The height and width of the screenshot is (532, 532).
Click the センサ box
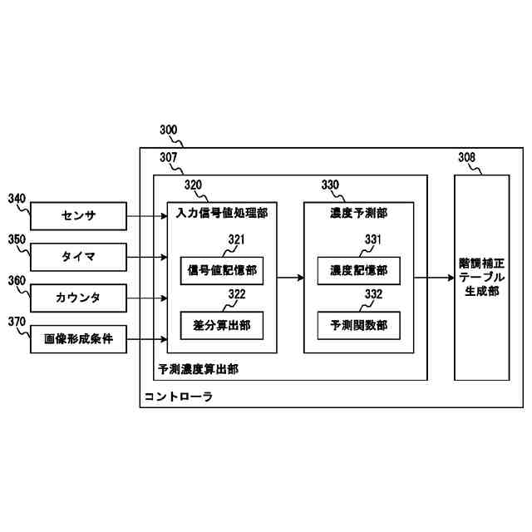(x=79, y=216)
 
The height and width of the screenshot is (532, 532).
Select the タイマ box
(x=79, y=257)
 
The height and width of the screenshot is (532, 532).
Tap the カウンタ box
(x=79, y=298)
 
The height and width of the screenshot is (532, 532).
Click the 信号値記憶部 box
(x=221, y=269)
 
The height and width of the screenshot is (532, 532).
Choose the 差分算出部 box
(x=221, y=324)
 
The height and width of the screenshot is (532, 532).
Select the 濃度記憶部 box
(x=357, y=269)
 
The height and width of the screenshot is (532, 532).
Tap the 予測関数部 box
(x=357, y=324)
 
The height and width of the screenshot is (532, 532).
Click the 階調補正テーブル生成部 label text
(x=482, y=277)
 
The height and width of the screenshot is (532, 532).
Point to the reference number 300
(x=168, y=131)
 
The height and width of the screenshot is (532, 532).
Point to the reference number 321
(x=237, y=239)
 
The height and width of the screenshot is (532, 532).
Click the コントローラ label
(x=179, y=397)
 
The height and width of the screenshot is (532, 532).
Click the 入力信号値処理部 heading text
(x=222, y=213)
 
